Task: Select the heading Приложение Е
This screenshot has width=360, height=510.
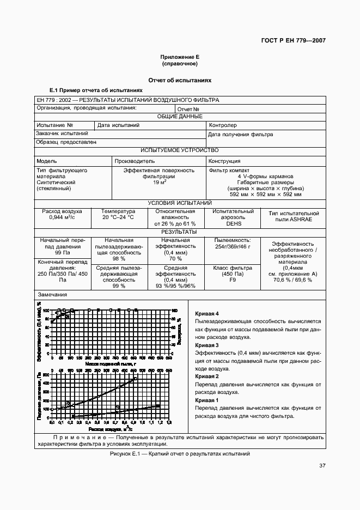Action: (x=180, y=57)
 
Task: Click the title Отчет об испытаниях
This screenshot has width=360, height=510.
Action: (x=180, y=80)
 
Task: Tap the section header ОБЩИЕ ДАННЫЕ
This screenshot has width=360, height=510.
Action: (x=180, y=116)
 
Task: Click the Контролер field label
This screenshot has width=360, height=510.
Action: (x=223, y=125)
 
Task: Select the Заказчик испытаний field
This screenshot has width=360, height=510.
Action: (x=62, y=133)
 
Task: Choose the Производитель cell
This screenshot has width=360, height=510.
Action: (x=135, y=161)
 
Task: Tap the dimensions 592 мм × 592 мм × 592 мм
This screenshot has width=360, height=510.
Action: (x=265, y=195)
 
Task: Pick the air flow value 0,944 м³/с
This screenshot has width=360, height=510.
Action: (x=62, y=217)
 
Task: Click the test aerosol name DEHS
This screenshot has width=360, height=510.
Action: (x=234, y=223)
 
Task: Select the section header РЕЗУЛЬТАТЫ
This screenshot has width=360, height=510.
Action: (x=180, y=232)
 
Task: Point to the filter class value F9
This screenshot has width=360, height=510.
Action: (x=233, y=280)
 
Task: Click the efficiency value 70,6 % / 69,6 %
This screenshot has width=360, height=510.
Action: (x=292, y=280)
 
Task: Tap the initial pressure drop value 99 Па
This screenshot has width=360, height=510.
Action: (x=62, y=253)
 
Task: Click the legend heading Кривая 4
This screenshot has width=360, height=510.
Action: (x=206, y=314)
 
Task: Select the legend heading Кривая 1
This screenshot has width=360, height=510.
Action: (x=206, y=400)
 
